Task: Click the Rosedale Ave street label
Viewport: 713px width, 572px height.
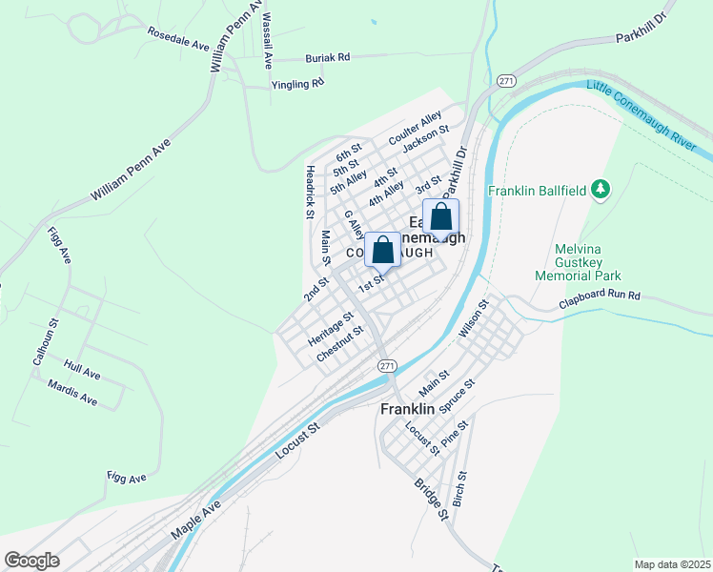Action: tap(178, 38)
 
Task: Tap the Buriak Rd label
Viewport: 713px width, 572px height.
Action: tap(328, 58)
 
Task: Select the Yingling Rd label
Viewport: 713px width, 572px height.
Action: tap(298, 84)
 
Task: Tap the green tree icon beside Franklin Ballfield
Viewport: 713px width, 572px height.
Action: tap(601, 191)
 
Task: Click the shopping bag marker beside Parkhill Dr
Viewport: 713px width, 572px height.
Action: tap(440, 217)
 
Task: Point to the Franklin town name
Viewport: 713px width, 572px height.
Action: tap(407, 408)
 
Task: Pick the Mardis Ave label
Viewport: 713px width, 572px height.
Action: tap(72, 392)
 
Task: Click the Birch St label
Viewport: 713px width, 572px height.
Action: tap(460, 488)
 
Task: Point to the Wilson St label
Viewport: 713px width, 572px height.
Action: tap(474, 318)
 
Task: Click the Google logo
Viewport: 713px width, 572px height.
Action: tap(31, 561)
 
